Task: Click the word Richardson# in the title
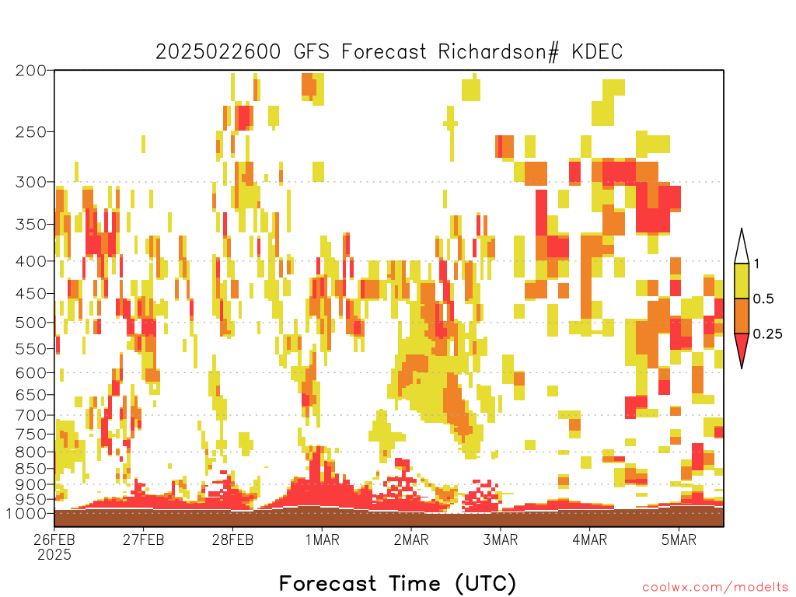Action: pos(498,52)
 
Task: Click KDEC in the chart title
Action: pos(597,52)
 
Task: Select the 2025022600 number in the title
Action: pos(218,52)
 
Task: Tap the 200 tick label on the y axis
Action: pos(31,71)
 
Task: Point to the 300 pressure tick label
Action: pos(31,182)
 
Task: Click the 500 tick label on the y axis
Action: pos(31,323)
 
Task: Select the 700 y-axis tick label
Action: pos(31,415)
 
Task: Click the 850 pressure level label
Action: pos(31,469)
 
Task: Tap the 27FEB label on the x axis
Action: pos(144,539)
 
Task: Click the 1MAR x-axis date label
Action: pos(322,539)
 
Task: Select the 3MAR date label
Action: pos(500,539)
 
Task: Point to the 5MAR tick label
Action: pos(679,539)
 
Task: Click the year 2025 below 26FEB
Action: pos(54,555)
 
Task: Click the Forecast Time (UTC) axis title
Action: pos(397,583)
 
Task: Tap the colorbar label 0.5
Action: pos(763,299)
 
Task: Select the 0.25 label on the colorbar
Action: pos(767,334)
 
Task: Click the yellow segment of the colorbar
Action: pos(742,281)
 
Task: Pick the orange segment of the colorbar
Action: pos(742,316)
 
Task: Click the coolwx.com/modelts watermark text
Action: pos(715,588)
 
